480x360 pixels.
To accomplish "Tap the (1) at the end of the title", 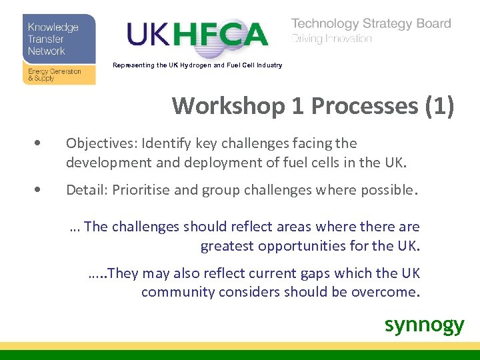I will click(x=441, y=106).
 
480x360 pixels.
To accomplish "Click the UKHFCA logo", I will click(x=197, y=35).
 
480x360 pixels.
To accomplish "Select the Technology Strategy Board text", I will click(x=371, y=23).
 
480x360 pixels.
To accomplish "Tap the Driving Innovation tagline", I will click(x=331, y=39).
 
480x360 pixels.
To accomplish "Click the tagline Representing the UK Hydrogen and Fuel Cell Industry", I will click(x=197, y=65).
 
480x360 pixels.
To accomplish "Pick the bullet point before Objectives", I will click(x=43, y=143).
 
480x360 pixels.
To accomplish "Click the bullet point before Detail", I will click(x=43, y=190).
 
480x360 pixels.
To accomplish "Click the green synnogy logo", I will click(x=424, y=325).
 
